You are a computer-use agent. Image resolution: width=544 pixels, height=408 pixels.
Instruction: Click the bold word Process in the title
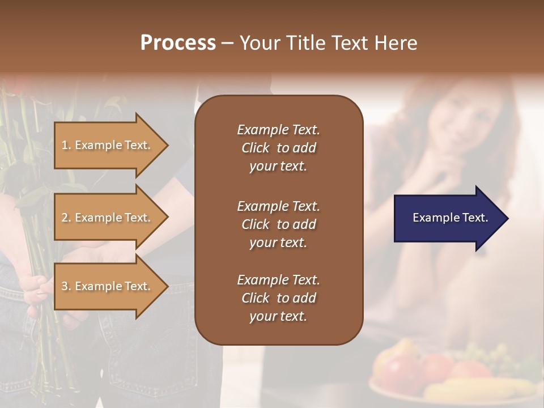coord(178,42)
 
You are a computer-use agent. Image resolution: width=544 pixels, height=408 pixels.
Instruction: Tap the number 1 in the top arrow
coord(65,145)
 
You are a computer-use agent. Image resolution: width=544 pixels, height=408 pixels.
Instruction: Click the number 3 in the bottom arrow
coord(65,286)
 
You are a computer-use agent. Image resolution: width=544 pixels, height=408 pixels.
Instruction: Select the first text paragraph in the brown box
coord(278,148)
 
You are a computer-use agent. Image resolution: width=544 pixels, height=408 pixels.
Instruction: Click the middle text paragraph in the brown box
coord(278,224)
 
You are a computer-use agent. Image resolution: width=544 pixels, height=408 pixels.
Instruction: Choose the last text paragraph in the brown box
coord(278,298)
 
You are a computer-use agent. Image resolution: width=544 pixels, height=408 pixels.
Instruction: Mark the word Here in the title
coord(396,42)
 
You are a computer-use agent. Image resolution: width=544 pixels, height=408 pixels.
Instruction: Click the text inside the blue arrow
coord(450,218)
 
